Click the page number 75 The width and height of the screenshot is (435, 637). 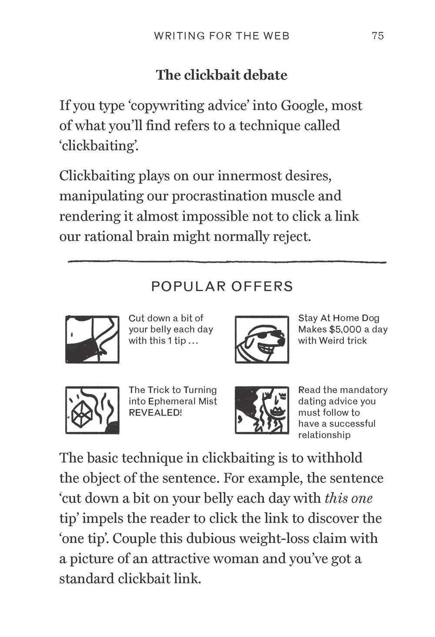click(378, 36)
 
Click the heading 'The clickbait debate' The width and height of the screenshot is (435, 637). click(221, 75)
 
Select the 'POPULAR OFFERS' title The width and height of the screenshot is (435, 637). click(222, 286)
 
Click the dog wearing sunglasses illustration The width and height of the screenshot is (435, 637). click(261, 339)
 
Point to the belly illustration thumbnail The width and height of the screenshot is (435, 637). click(92, 339)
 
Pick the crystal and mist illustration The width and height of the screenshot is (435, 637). click(92, 409)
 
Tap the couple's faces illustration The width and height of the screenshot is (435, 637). click(261, 409)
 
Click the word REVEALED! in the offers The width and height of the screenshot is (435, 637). click(155, 412)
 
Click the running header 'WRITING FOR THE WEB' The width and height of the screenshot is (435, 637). click(221, 36)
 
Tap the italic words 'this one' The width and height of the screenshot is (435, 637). click(348, 498)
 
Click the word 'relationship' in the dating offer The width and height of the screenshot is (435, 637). click(324, 435)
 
